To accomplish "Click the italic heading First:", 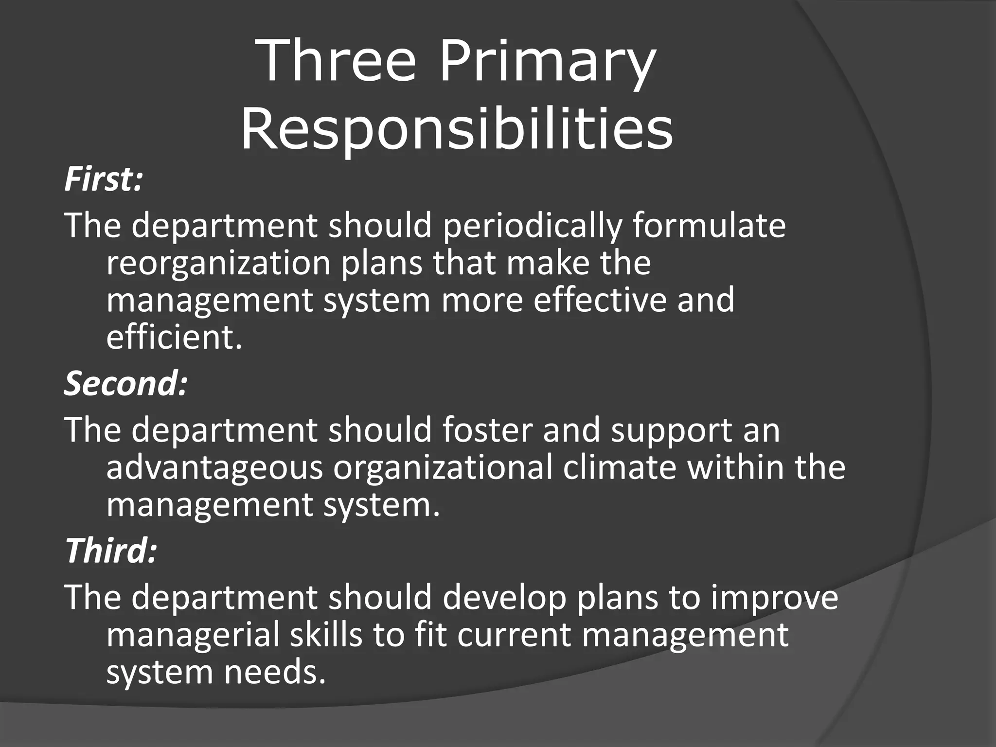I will [x=104, y=178].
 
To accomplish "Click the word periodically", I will [x=532, y=226].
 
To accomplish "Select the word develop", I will [x=504, y=598].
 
